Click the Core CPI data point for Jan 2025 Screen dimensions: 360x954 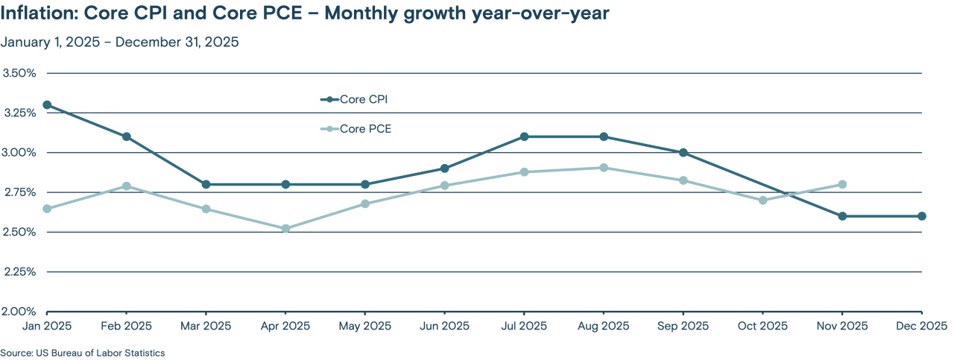coord(47,105)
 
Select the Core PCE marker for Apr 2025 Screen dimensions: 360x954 coord(285,228)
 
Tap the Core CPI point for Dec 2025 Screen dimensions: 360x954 coord(922,216)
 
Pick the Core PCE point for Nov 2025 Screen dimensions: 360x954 coord(842,184)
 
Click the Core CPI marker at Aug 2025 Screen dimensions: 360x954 coord(604,136)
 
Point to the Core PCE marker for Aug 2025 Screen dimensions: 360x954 coord(604,168)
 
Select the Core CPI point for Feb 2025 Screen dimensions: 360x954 coord(127,136)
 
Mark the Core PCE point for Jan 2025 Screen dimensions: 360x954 coord(47,209)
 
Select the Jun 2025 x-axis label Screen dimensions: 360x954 coord(444,326)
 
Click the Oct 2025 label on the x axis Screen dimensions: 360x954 coord(762,326)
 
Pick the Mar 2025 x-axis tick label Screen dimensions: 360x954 coord(206,326)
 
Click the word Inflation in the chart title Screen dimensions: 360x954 coord(39,14)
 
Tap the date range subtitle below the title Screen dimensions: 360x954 coord(119,42)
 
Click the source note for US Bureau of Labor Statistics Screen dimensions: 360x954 coord(82,353)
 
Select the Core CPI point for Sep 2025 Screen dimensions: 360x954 coord(683,153)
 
